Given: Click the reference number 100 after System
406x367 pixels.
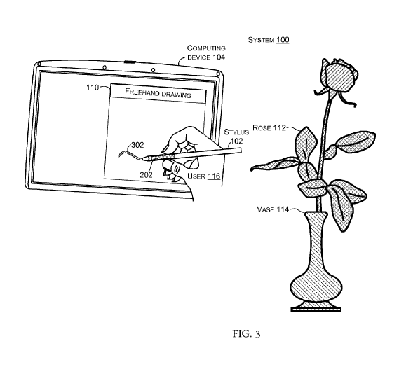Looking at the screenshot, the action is (x=283, y=40).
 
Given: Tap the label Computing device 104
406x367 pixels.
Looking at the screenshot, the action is (x=206, y=53).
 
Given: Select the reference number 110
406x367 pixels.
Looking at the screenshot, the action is (x=93, y=88).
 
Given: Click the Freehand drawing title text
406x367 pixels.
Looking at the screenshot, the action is (x=158, y=93).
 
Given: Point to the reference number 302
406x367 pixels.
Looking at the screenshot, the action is (x=137, y=145).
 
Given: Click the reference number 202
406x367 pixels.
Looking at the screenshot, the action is (x=146, y=175).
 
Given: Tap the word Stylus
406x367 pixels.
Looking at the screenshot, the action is (x=236, y=132).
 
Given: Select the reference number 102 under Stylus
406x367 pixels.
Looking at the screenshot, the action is (x=237, y=141).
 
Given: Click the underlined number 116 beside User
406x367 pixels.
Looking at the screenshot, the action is (x=214, y=176).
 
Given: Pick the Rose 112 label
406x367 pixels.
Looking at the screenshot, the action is (x=269, y=127).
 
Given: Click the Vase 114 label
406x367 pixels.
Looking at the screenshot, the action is (x=273, y=209).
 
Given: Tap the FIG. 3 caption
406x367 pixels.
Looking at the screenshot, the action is (x=246, y=333).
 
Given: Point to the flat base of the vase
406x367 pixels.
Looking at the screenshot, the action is (x=316, y=309).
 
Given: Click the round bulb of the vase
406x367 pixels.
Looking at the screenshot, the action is (x=316, y=287).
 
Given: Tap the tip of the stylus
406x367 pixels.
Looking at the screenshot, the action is (x=142, y=158).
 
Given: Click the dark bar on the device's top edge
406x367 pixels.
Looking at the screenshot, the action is (x=130, y=62).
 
